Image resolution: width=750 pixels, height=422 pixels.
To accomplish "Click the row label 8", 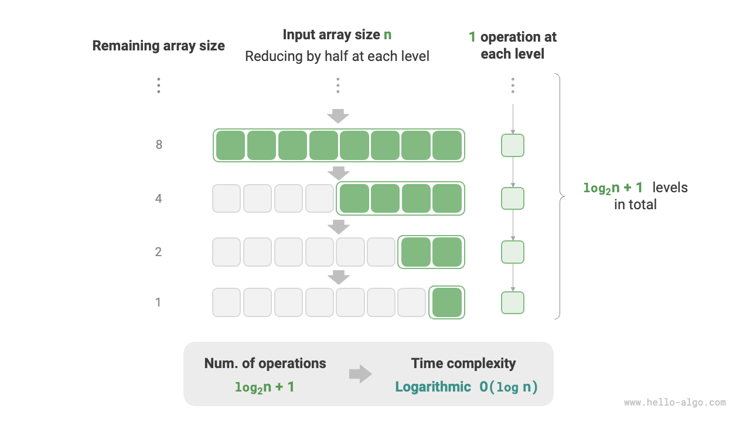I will click(x=159, y=145).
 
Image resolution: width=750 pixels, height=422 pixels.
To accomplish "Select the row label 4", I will click(x=159, y=199).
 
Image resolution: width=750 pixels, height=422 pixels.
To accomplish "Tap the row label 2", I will click(x=159, y=252).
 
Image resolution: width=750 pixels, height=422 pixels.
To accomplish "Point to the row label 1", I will click(x=158, y=302).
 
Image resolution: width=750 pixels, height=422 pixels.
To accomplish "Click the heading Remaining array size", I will click(x=158, y=46).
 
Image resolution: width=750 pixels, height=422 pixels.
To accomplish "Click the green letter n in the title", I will click(x=387, y=35).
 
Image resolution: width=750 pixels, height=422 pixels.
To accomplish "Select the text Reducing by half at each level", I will click(x=337, y=56).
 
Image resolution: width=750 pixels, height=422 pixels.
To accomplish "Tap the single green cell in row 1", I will click(x=447, y=302).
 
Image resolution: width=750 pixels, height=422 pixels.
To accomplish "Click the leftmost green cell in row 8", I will click(x=230, y=145).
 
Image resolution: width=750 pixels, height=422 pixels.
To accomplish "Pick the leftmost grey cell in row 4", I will click(x=226, y=199).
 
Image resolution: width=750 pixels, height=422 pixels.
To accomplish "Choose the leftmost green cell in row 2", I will click(x=415, y=252).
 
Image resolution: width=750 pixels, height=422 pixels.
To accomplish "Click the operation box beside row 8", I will click(x=513, y=145).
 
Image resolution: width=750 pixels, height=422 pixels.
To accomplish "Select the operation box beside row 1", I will click(x=513, y=302).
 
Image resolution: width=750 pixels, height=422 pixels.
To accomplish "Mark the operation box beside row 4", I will click(x=513, y=199).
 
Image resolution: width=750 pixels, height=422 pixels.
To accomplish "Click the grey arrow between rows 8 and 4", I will click(x=338, y=172).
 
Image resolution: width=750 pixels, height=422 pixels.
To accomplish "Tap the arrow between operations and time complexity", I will click(x=360, y=375).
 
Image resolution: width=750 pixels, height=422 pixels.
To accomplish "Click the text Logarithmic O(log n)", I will click(x=466, y=387).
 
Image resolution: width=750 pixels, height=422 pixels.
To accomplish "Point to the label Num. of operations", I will click(x=265, y=363).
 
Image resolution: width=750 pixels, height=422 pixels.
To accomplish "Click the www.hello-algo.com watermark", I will click(x=674, y=403).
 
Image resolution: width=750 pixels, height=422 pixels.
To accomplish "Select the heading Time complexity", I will click(x=463, y=363).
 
